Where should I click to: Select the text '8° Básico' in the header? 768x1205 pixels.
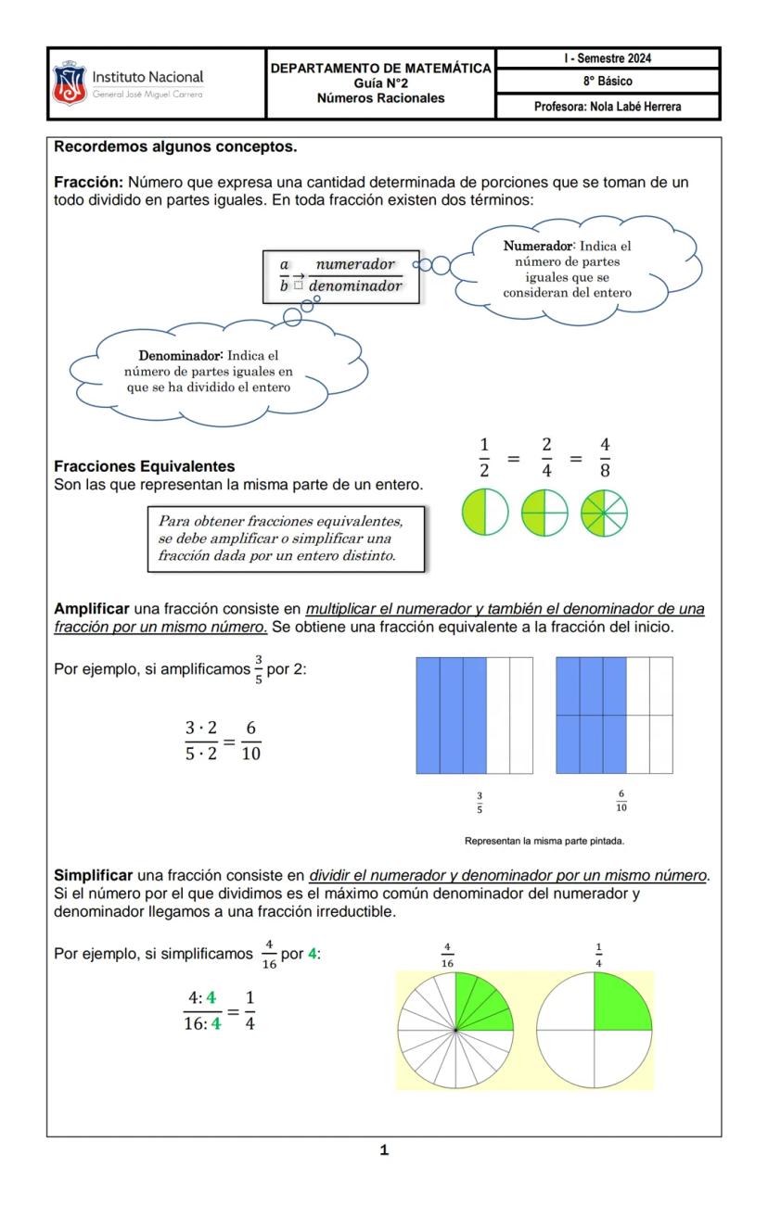tap(608, 82)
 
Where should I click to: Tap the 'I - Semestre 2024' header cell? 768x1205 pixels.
tap(608, 58)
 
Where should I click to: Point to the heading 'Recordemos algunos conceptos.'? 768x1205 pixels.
tap(175, 146)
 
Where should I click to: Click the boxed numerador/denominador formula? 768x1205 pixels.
tap(340, 275)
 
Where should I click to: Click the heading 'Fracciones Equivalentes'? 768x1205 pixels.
tap(144, 466)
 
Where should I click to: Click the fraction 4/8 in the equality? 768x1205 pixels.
tap(604, 457)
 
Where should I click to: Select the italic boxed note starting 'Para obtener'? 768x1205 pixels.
tap(286, 539)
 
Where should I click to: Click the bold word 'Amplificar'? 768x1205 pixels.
tap(92, 609)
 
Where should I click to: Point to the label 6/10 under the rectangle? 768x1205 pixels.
tap(621, 802)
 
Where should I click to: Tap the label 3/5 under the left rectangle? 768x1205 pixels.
tap(480, 803)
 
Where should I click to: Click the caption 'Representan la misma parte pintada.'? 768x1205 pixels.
tap(544, 842)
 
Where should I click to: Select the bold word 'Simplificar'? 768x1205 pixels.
tap(94, 875)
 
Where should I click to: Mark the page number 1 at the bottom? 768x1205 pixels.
tap(384, 1150)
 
